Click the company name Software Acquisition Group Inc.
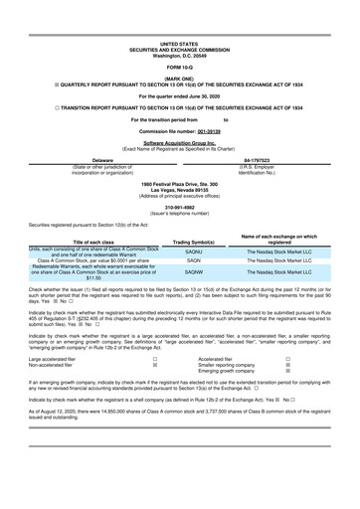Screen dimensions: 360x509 pos(179,143)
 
